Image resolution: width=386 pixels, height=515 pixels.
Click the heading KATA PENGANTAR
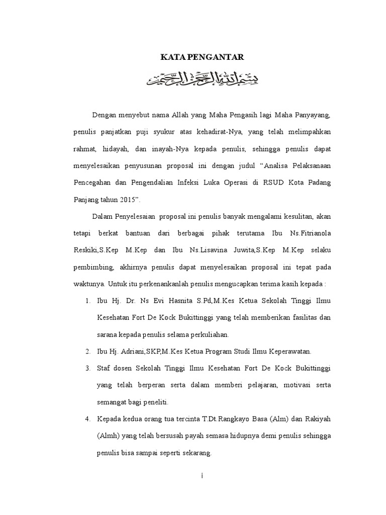[x=202, y=58]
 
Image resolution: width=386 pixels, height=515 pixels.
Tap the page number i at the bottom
[x=201, y=475]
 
